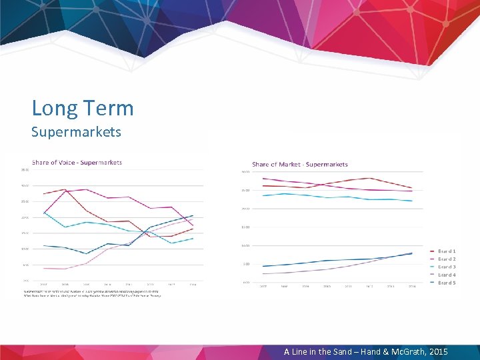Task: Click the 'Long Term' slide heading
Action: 83,108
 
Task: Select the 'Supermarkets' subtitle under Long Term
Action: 76,131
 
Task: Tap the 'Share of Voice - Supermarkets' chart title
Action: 77,162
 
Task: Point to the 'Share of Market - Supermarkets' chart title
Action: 299,164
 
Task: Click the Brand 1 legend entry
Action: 446,251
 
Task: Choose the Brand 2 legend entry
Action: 446,259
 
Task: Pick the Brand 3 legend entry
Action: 446,267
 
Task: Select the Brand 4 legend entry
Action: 446,275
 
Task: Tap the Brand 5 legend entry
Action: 446,283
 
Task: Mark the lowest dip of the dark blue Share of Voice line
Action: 86,253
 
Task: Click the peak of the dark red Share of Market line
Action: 370,178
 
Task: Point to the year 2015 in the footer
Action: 436,351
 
